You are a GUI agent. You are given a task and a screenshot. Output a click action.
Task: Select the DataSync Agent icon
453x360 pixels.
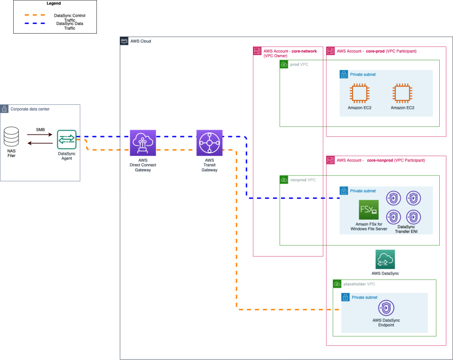pos(67,139)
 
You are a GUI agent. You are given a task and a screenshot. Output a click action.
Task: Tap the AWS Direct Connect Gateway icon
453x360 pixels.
pos(143,143)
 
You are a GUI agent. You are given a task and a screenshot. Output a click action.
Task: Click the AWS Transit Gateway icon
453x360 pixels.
pos(209,143)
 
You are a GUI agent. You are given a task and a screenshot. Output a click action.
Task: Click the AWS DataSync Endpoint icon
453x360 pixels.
pos(386,308)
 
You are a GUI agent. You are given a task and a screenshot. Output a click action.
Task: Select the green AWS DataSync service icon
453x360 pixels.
pos(385,260)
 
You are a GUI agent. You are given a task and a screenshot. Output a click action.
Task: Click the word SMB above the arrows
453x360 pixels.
pos(40,130)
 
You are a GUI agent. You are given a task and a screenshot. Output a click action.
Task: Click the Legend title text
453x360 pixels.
pos(54,4)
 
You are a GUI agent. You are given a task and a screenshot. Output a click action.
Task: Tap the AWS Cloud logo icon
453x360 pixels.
pos(124,41)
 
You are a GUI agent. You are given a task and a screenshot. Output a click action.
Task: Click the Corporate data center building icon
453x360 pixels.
pos(4,109)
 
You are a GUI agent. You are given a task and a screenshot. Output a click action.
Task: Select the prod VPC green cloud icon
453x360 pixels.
pos(284,65)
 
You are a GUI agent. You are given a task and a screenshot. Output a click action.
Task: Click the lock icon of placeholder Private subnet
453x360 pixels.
pos(345,298)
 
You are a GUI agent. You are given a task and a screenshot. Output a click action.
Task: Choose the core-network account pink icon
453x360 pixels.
pos(257,51)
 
